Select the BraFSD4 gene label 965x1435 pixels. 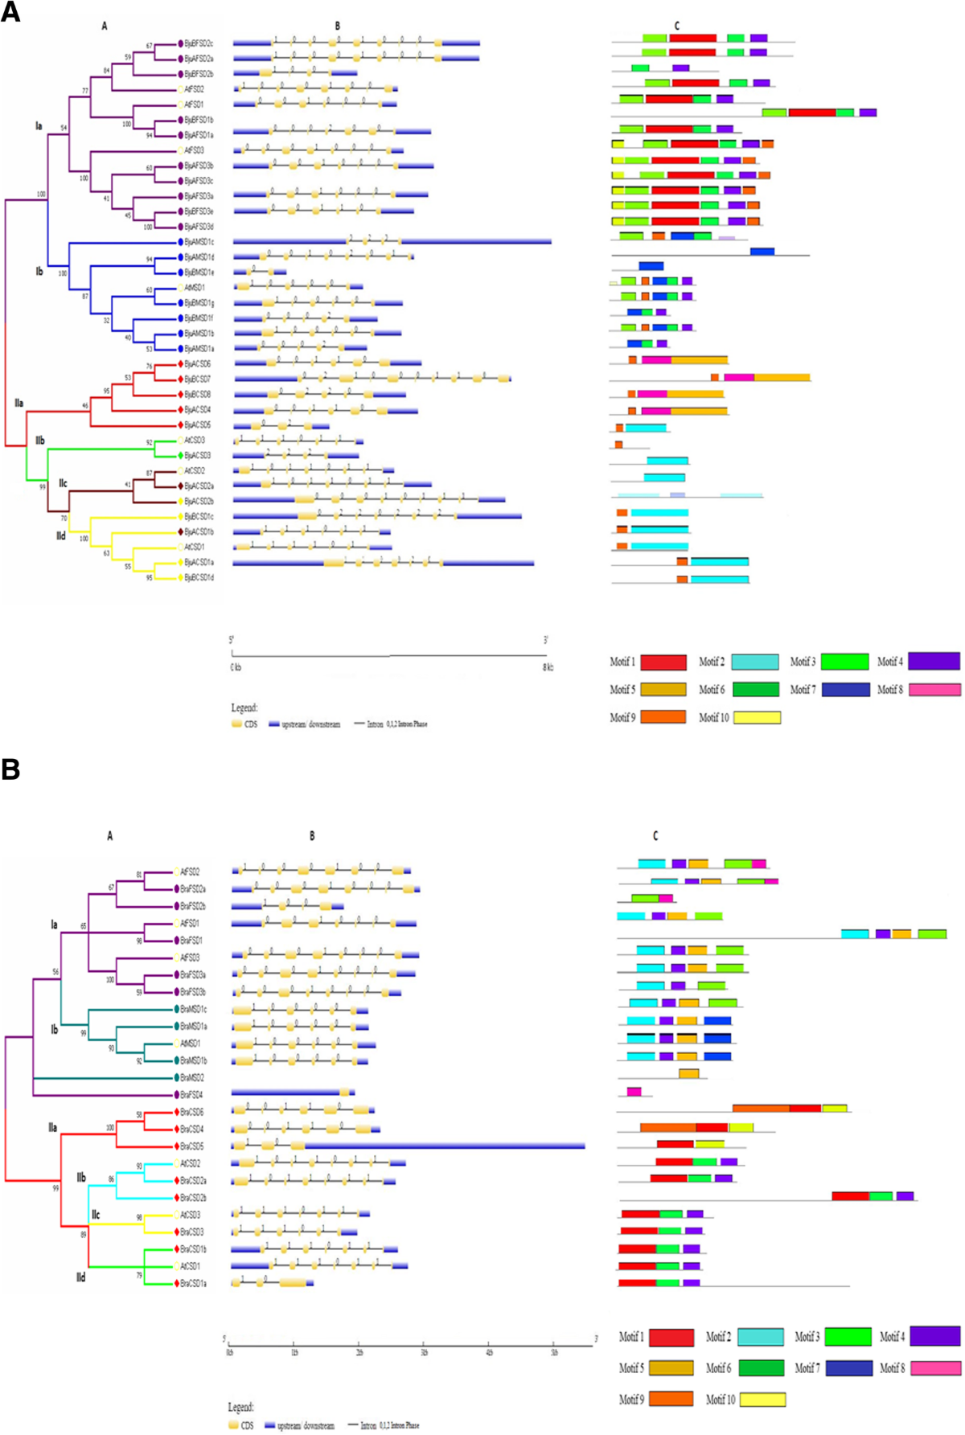tap(191, 1095)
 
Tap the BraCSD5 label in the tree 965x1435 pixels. tap(191, 1146)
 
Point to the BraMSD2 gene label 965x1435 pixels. tap(192, 1077)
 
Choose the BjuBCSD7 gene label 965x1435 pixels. tap(198, 379)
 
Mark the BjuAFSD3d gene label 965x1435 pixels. tap(199, 227)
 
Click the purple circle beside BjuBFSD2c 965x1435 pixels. tap(181, 43)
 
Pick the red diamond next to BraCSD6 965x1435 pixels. tap(176, 1113)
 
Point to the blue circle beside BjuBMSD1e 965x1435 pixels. tap(181, 273)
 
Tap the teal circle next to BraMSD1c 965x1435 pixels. tap(176, 1009)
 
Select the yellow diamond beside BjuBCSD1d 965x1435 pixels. tap(181, 577)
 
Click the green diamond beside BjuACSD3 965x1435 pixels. tap(181, 455)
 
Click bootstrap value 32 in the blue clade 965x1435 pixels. tap(106, 321)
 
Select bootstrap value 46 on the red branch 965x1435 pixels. tap(85, 406)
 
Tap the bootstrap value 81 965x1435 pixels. tap(139, 875)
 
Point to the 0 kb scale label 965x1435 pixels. tap(236, 667)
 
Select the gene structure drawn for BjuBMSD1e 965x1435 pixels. tap(260, 273)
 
